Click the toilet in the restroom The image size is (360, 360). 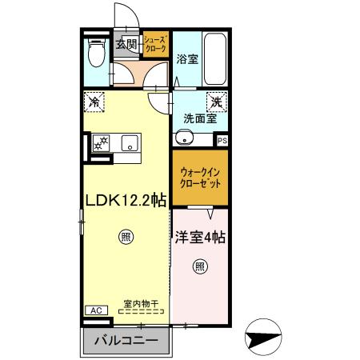click(x=96, y=54)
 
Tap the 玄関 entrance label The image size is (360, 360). click(x=127, y=44)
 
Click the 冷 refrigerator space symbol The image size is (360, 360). click(x=95, y=102)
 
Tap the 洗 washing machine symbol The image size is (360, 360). click(x=216, y=102)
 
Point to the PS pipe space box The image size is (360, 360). click(x=222, y=140)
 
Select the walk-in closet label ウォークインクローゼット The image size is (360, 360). click(x=200, y=177)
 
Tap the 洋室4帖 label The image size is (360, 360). click(x=200, y=238)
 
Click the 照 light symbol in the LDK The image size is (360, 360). click(x=125, y=236)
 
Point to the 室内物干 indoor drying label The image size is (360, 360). click(x=141, y=303)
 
